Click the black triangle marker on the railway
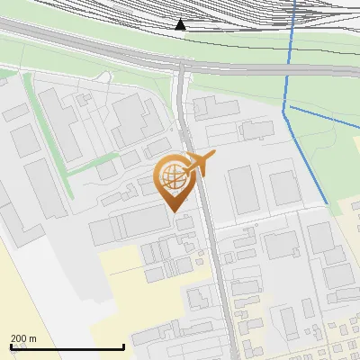point(181,24)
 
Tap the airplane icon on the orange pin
point(200,163)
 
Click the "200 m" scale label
point(23,338)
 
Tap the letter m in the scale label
point(33,338)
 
